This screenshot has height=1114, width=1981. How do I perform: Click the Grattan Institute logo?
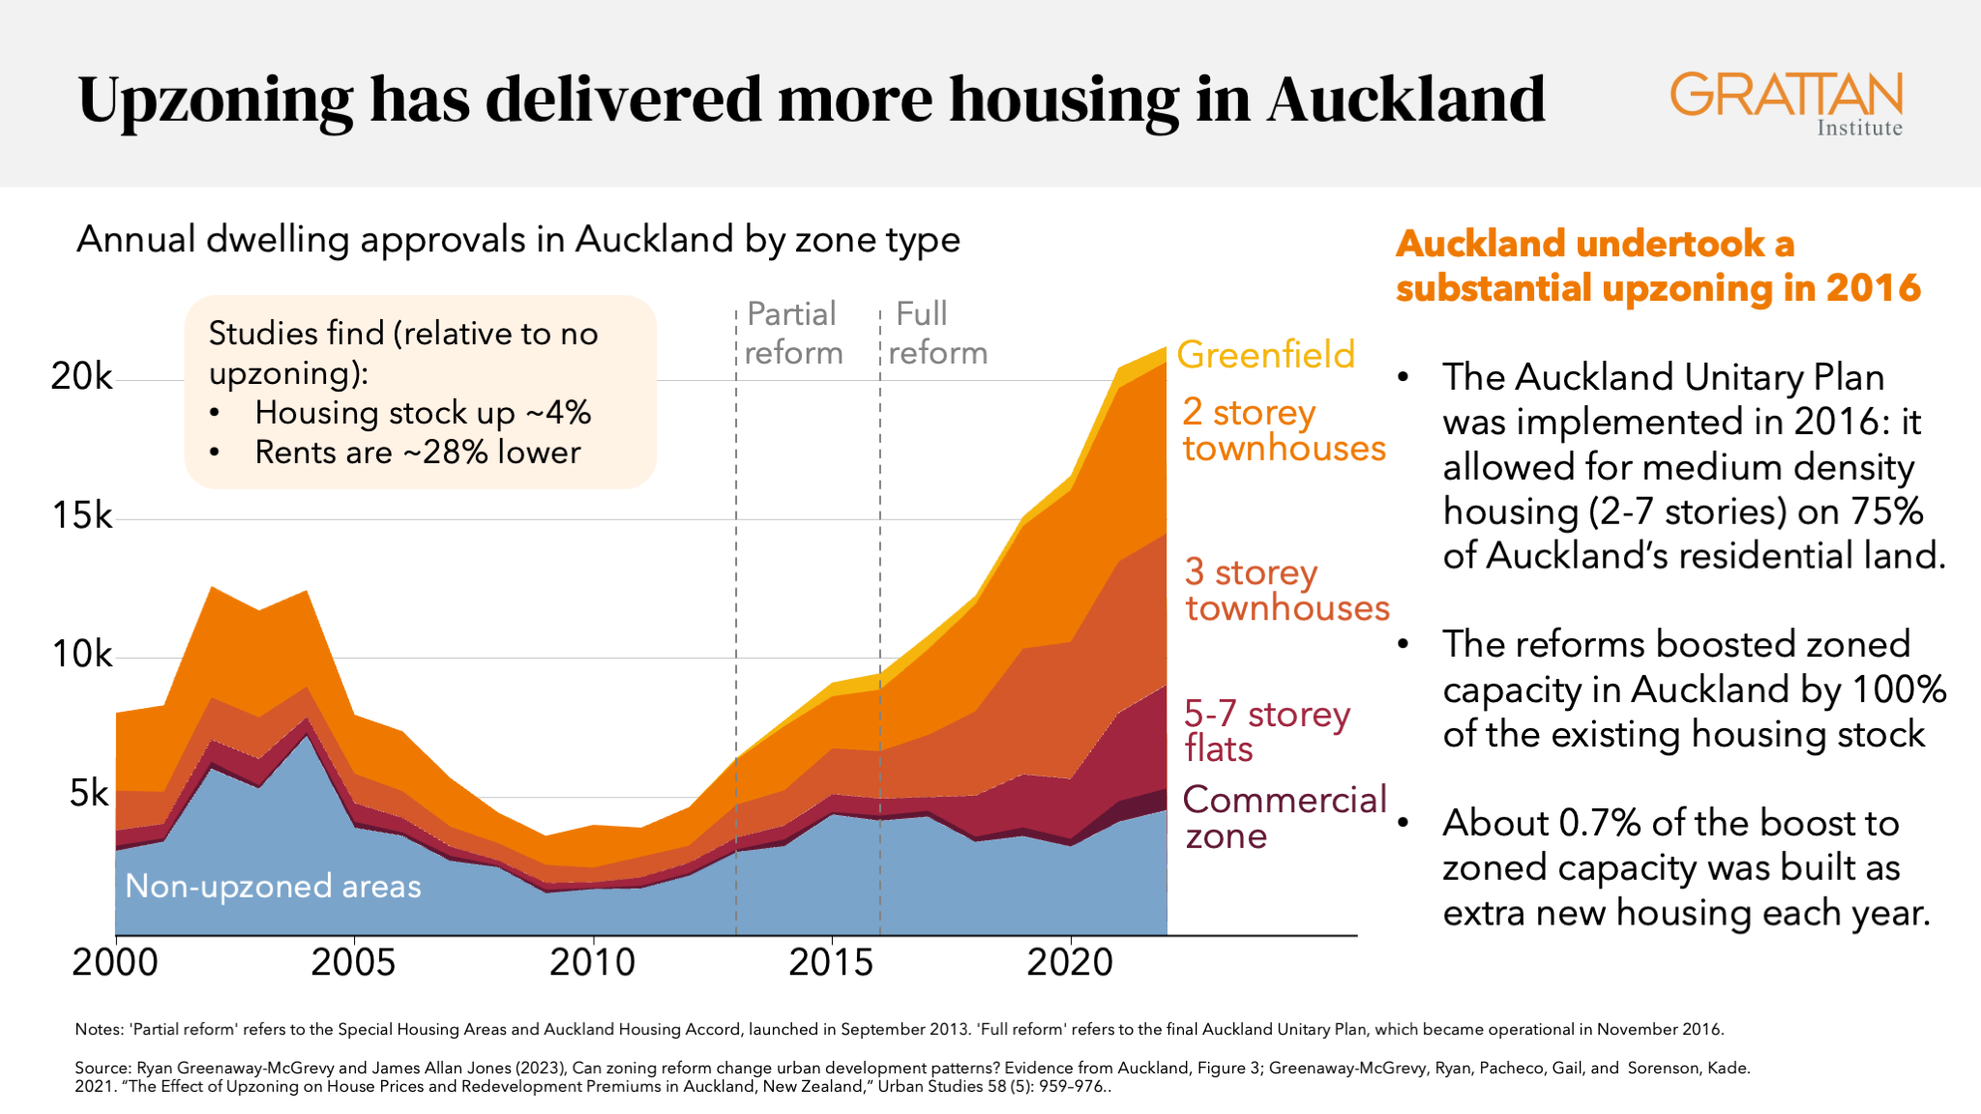tap(1786, 103)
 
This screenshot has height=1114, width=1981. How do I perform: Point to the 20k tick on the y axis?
tap(81, 376)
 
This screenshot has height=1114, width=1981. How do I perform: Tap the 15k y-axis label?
tap(81, 515)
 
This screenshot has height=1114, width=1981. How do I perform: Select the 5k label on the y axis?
tap(89, 794)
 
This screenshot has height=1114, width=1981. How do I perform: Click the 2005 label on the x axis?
tap(353, 963)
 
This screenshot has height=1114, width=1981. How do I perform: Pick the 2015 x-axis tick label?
tap(831, 963)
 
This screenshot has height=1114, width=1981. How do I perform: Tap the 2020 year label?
tap(1070, 963)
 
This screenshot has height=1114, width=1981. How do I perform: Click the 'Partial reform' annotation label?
tap(793, 333)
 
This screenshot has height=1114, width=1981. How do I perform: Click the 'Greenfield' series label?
tap(1265, 355)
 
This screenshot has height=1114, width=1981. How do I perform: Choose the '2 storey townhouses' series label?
tap(1283, 430)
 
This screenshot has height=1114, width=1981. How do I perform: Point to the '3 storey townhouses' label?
tap(1286, 590)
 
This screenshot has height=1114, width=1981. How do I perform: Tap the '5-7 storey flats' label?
tap(1265, 731)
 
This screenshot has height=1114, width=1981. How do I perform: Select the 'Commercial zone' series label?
tap(1284, 817)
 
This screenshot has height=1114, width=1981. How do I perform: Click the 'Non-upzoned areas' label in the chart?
tap(273, 886)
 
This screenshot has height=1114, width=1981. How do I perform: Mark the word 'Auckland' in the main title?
tap(1406, 100)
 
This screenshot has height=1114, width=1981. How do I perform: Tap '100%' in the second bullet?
tap(1898, 689)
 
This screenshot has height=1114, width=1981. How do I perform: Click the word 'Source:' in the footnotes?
tap(103, 1068)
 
